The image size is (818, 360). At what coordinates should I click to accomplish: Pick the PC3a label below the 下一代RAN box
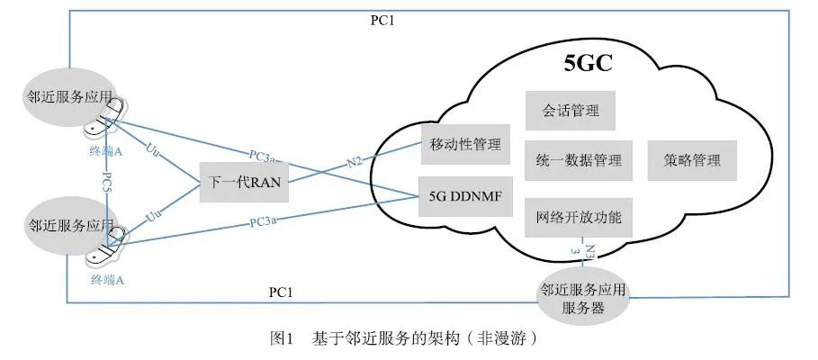(264, 220)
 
